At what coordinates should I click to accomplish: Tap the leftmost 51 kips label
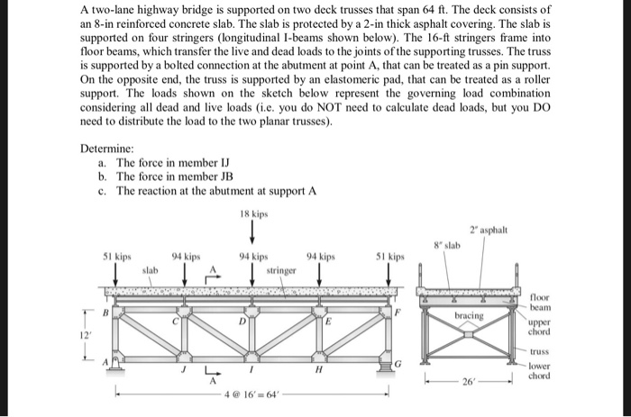119,256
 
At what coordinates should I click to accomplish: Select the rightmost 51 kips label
390,256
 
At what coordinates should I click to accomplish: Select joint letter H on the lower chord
318,369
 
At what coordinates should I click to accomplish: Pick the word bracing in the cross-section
469,316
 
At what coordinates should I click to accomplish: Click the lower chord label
541,371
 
